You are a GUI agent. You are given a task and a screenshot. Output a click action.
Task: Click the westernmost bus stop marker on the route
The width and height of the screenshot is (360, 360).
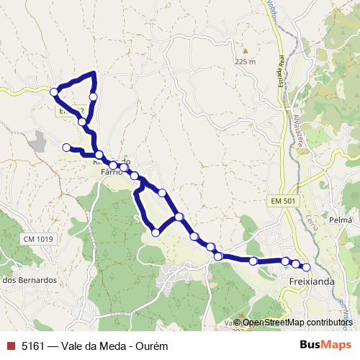[54, 91]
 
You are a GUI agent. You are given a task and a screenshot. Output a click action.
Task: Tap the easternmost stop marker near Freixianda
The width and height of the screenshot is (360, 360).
[306, 267]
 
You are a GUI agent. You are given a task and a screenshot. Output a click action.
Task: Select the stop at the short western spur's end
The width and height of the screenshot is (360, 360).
[66, 148]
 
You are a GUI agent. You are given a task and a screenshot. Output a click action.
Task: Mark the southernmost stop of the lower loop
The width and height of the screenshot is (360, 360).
[156, 231]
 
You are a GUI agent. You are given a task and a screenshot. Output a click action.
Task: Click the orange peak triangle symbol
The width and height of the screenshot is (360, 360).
[245, 51]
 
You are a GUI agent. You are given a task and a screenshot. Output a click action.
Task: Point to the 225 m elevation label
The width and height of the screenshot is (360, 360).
[245, 62]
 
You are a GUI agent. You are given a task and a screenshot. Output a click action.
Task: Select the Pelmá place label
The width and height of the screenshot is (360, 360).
[340, 219]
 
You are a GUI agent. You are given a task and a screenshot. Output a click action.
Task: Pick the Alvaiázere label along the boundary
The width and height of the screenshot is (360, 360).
[297, 130]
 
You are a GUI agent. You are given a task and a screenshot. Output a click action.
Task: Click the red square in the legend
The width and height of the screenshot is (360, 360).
[9, 345]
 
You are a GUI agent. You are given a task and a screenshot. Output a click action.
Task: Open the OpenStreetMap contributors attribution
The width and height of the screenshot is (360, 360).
[297, 323]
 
